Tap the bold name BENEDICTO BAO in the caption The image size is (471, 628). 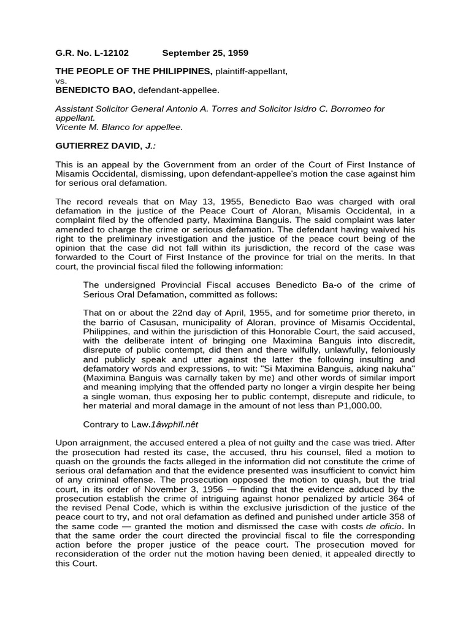click(95, 90)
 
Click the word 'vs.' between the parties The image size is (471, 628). click(61, 81)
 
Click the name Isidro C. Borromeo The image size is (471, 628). click(328, 109)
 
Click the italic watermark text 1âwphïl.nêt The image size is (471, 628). click(169, 424)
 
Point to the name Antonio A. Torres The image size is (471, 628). click(220, 109)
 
